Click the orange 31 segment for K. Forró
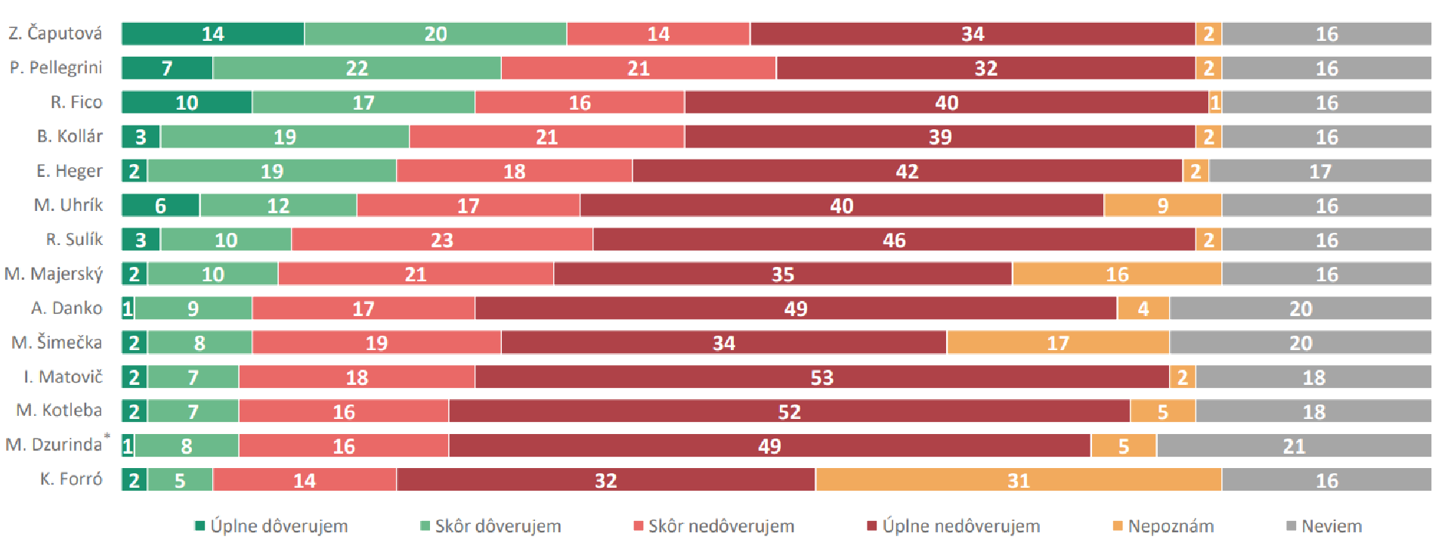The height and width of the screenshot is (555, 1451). point(1018,480)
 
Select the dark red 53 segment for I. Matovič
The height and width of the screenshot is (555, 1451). point(821,377)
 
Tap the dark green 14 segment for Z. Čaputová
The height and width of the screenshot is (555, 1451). point(212,34)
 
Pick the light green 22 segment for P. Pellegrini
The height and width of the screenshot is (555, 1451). point(357,68)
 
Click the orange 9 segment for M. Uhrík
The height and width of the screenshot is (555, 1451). point(1162,206)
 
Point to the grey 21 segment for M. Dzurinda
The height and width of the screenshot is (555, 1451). point(1293,446)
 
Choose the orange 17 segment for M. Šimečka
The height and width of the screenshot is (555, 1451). point(1057,343)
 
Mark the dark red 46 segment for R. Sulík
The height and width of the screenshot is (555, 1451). point(894,240)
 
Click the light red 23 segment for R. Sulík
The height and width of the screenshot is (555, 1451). point(442,240)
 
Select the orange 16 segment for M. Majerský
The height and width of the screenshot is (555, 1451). point(1116,274)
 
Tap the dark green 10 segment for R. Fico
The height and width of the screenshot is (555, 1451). point(187,103)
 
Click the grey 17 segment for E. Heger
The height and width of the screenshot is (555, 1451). point(1320,172)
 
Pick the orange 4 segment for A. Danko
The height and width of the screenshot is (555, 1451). point(1143,309)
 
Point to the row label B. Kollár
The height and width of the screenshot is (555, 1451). point(70,137)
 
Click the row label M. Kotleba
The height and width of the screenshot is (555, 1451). point(59,411)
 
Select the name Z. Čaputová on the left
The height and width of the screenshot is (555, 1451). point(55,34)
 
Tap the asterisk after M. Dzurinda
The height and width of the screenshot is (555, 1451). point(107,436)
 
